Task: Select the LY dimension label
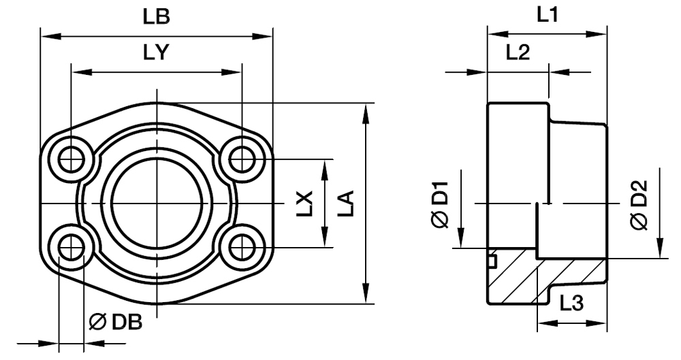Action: [x=157, y=52]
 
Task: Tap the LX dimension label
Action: [x=306, y=203]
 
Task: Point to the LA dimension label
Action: [x=347, y=203]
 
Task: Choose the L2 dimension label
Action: [x=517, y=52]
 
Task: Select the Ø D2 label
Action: [x=638, y=203]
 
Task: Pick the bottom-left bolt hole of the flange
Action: [x=71, y=248]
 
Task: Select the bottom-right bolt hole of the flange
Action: [x=241, y=248]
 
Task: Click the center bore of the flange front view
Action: [x=157, y=203]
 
